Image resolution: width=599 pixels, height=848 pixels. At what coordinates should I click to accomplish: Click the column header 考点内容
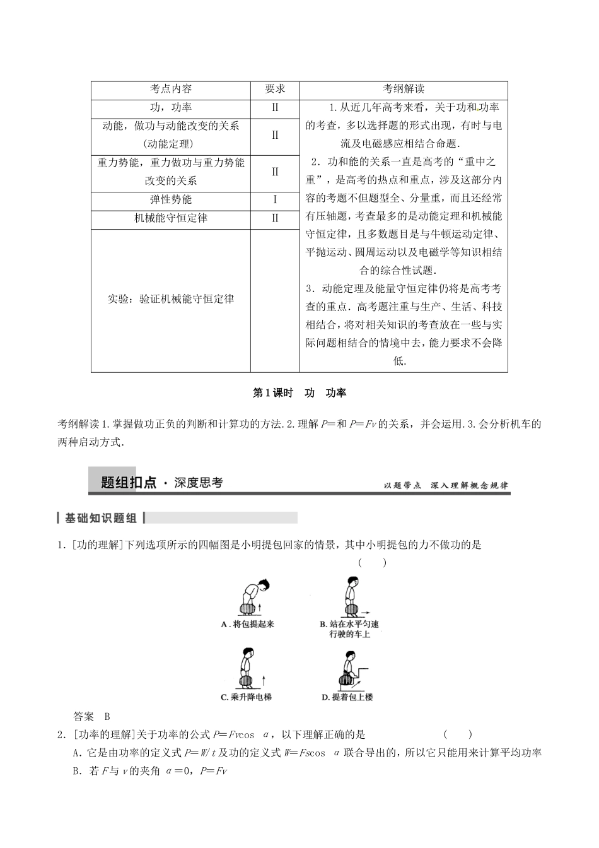(171, 89)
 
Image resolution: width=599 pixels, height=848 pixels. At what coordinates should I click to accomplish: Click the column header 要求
(275, 89)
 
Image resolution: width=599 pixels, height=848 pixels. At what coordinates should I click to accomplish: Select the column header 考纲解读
(404, 89)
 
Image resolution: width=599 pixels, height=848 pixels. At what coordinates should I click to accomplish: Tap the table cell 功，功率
(171, 108)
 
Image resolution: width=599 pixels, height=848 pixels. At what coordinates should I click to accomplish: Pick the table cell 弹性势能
(171, 200)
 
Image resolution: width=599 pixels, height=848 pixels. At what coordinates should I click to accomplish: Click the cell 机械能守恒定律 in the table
(171, 218)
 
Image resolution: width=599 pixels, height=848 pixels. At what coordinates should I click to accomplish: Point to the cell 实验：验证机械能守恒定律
(171, 298)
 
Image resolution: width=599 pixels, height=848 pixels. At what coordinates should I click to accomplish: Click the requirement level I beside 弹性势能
(275, 200)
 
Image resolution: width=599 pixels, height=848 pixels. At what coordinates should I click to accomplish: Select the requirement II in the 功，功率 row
(275, 108)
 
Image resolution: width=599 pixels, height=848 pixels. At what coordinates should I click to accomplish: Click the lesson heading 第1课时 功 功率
(299, 392)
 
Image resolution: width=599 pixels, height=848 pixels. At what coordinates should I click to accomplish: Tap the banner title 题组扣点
(129, 483)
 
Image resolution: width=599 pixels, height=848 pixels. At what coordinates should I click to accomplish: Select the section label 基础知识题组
(101, 518)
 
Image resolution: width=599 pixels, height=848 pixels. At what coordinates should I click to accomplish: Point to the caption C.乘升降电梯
(247, 697)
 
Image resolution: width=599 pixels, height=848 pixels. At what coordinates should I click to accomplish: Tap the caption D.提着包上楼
(347, 697)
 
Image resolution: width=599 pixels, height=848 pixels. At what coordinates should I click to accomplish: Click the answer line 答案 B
(92, 716)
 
